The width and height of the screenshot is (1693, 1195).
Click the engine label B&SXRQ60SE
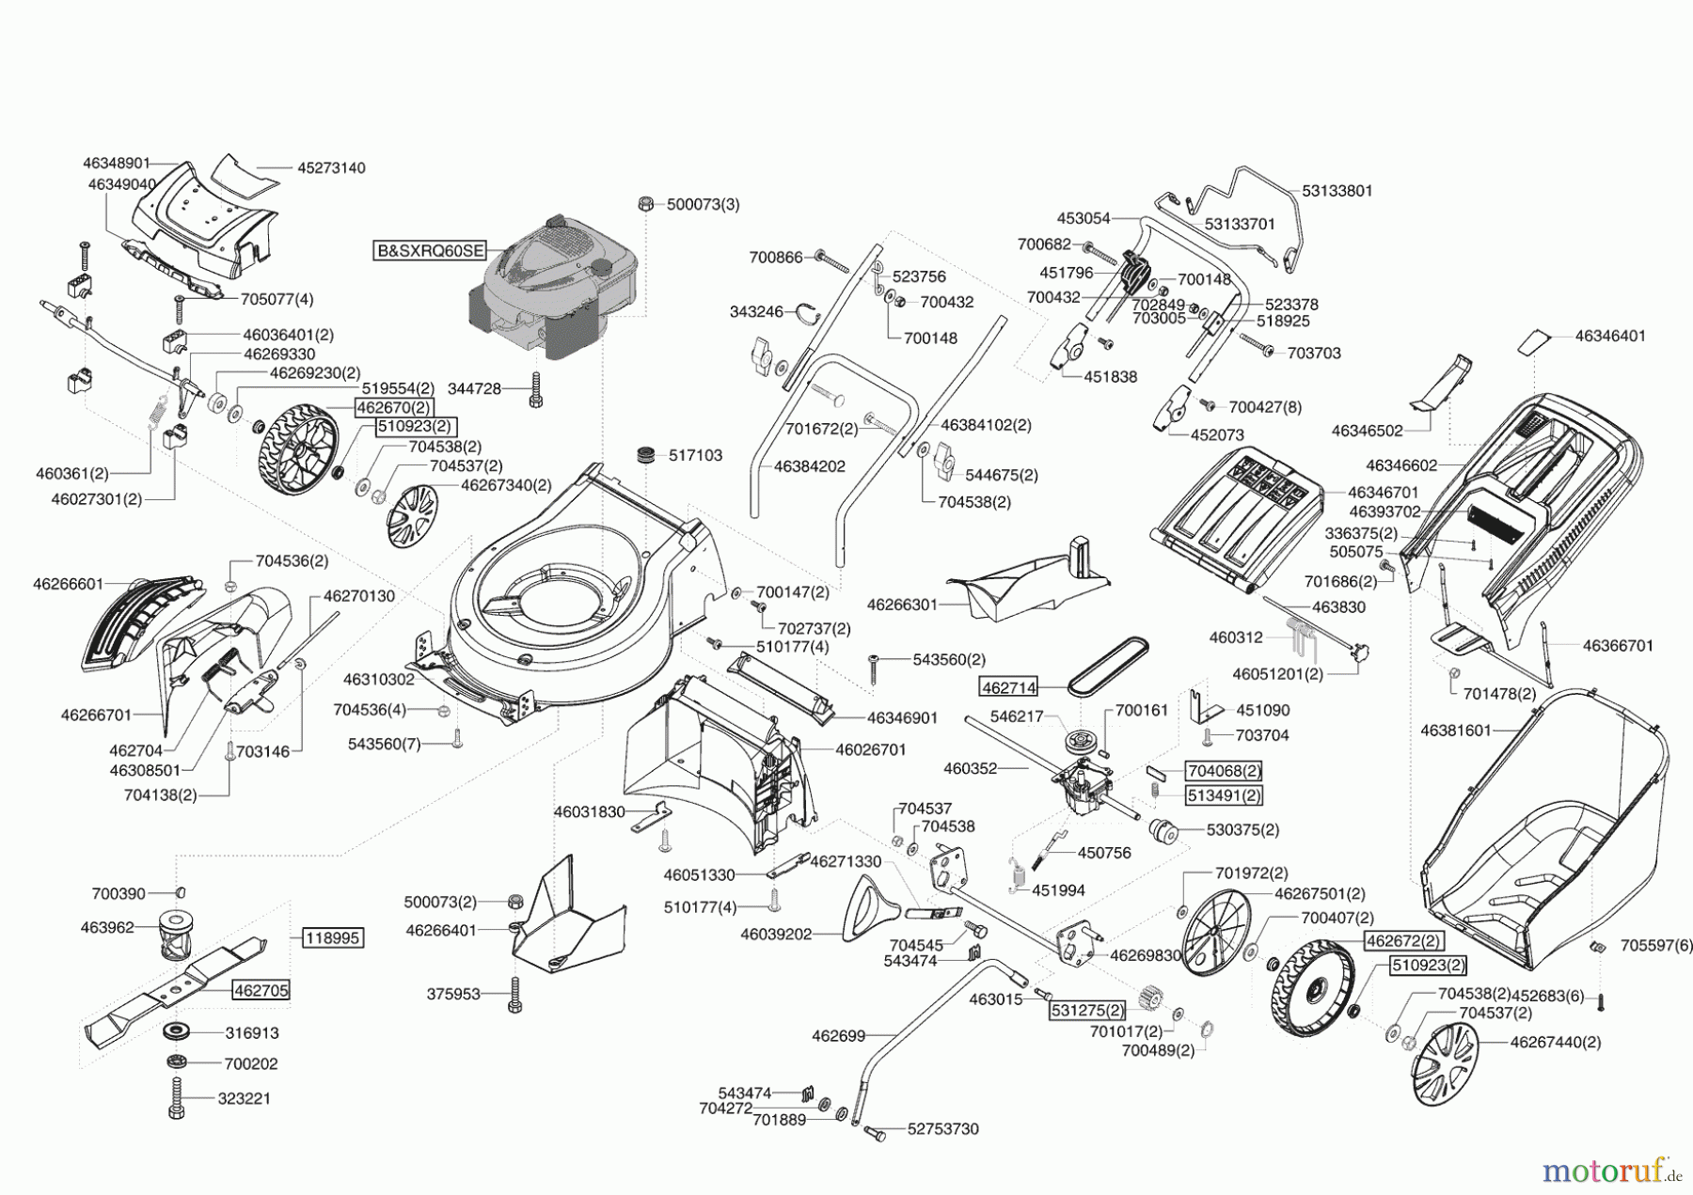pyautogui.click(x=430, y=251)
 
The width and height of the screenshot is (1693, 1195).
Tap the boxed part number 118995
pyautogui.click(x=333, y=937)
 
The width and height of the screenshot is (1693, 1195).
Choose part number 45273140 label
pyautogui.click(x=331, y=168)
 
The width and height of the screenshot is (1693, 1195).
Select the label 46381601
pyautogui.click(x=1456, y=730)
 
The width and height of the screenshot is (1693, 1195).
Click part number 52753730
pyautogui.click(x=942, y=1129)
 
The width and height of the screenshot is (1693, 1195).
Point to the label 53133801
pyautogui.click(x=1337, y=191)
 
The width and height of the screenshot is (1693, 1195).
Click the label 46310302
pyautogui.click(x=378, y=679)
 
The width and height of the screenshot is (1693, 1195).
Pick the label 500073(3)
pyautogui.click(x=703, y=204)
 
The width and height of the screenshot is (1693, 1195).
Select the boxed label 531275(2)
pyautogui.click(x=1086, y=1011)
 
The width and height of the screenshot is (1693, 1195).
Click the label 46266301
pyautogui.click(x=902, y=605)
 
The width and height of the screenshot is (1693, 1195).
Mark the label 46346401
pyautogui.click(x=1610, y=336)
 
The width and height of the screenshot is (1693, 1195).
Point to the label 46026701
pyautogui.click(x=870, y=749)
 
